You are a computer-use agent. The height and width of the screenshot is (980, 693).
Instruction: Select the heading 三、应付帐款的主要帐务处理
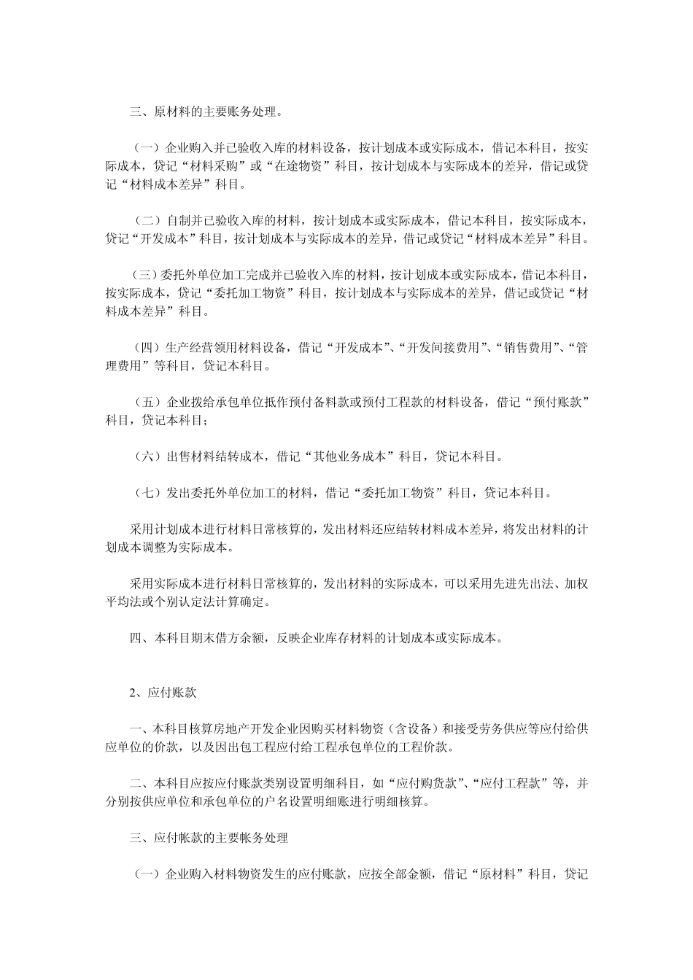209,839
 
